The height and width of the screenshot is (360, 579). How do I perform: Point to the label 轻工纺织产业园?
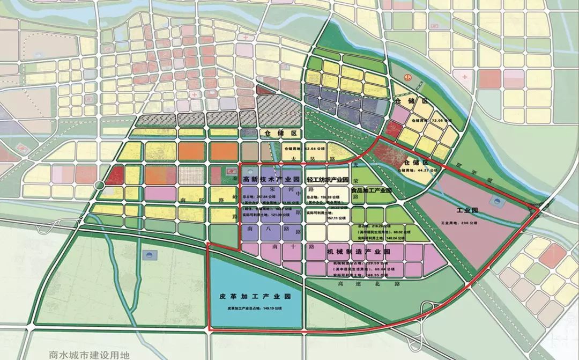[328, 179]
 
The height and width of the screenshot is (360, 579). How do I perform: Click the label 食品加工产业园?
[371, 191]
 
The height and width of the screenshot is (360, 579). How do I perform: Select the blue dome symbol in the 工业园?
[499, 202]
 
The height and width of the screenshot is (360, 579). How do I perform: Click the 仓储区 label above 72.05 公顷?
[407, 101]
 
